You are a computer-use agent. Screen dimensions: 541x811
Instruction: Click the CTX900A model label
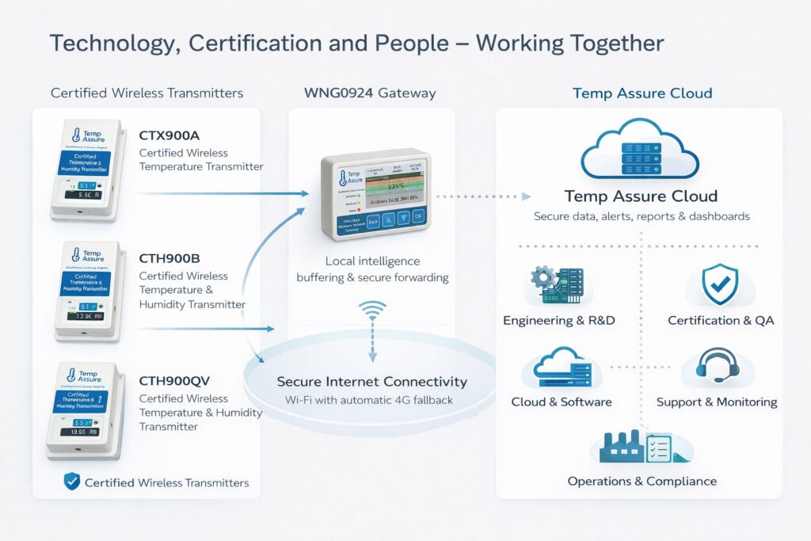(169, 135)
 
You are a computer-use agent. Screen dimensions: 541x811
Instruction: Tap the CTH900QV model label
(177, 381)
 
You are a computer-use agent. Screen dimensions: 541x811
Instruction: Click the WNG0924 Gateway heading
(369, 93)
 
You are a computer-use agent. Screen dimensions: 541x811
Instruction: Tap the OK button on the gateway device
(418, 215)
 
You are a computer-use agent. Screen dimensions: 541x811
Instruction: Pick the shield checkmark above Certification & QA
(720, 285)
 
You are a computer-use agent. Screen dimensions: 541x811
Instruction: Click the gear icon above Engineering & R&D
(544, 277)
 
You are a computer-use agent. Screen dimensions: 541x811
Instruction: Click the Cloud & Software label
(562, 402)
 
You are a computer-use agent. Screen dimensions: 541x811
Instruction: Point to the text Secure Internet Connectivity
(371, 382)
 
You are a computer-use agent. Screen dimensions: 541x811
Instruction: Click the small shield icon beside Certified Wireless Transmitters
(71, 481)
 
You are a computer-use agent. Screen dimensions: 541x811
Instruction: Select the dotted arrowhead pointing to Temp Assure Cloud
(524, 196)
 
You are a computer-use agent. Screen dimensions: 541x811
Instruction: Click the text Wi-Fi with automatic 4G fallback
(369, 400)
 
